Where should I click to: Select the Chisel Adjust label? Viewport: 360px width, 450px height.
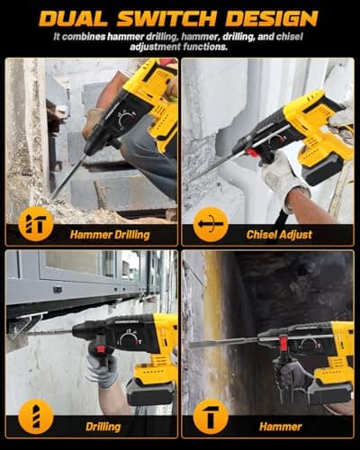tap(279, 234)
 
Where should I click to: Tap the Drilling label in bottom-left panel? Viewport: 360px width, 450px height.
tap(103, 426)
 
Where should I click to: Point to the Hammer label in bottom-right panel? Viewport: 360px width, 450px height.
tap(279, 426)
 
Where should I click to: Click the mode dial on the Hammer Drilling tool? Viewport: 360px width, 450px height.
tap(127, 117)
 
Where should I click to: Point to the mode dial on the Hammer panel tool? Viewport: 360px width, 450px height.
tap(309, 343)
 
